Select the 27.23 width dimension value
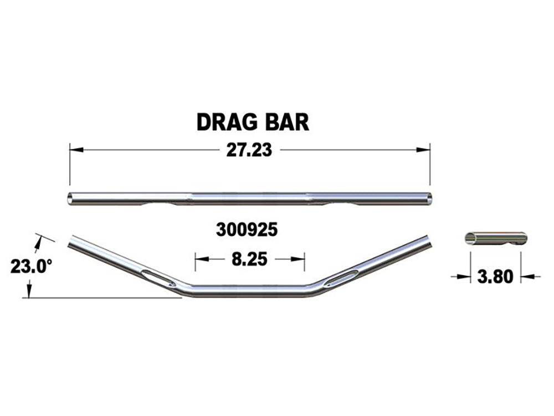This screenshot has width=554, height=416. (249, 150)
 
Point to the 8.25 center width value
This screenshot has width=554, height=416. (249, 259)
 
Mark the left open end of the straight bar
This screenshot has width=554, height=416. (70, 198)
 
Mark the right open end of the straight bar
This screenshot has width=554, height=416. (429, 198)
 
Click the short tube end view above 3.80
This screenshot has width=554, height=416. (493, 238)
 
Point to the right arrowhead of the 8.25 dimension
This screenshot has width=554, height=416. (300, 259)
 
